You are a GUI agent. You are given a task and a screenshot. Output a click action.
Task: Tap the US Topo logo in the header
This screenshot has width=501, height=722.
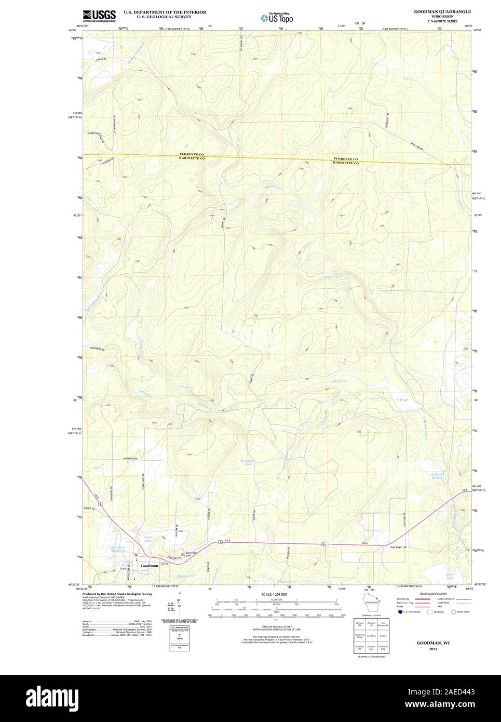[x=276, y=18]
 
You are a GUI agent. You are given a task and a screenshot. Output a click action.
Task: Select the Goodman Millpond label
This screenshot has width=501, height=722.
[x=118, y=549]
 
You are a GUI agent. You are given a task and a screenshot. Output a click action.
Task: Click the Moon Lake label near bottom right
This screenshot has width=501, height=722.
[x=450, y=576]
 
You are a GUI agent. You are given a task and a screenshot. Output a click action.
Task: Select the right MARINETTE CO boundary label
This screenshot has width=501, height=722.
[x=346, y=163]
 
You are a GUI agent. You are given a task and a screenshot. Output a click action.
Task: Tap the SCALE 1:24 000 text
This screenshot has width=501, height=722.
[x=274, y=594]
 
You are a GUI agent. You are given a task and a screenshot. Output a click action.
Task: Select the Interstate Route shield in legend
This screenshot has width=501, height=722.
[x=399, y=612]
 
